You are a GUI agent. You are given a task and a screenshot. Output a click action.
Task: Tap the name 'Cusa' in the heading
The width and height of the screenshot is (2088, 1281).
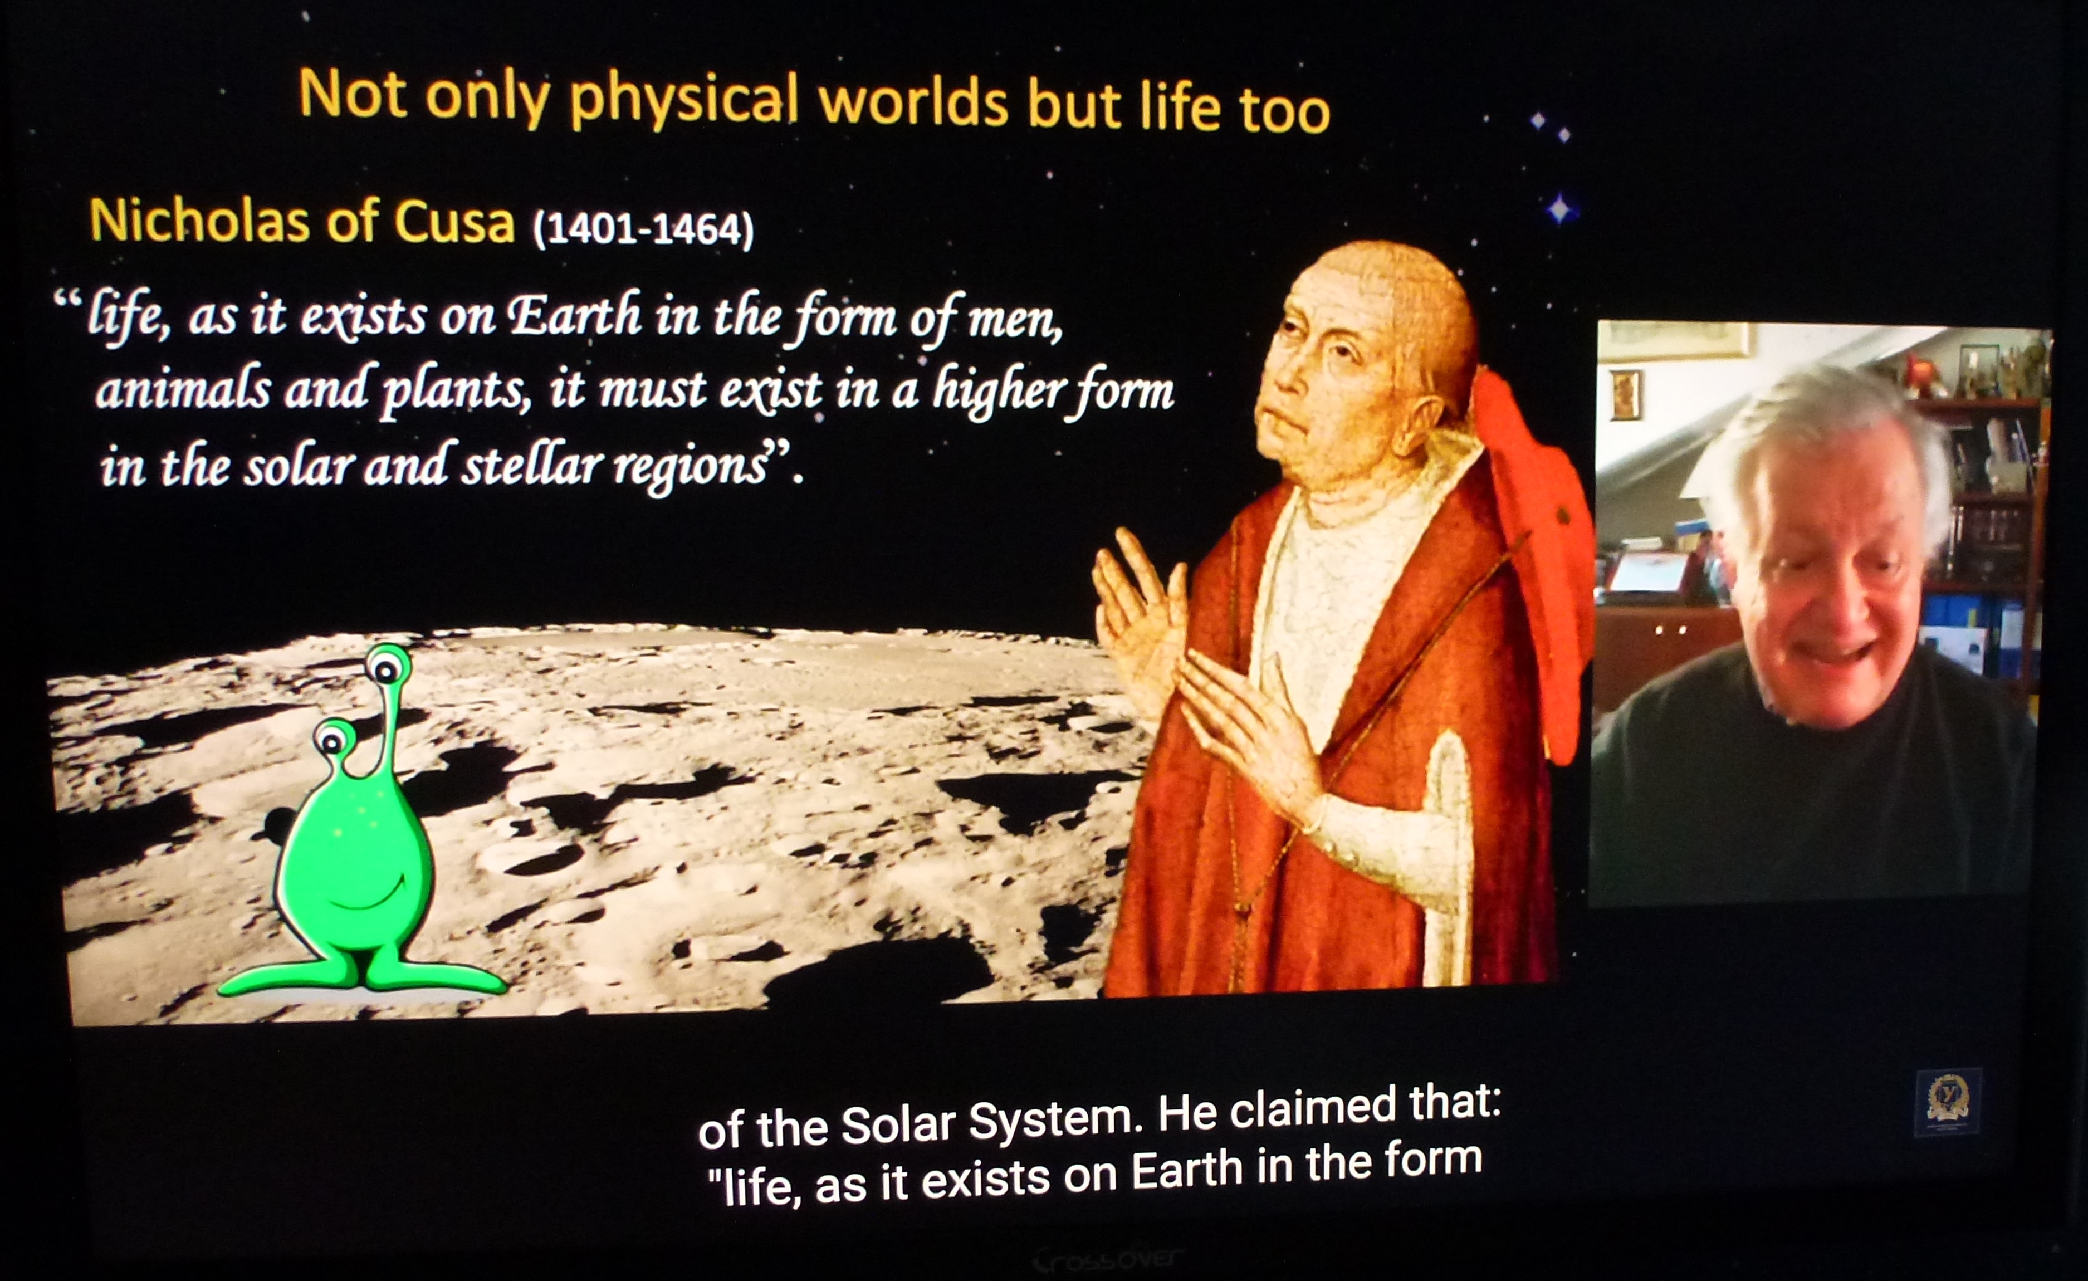click(x=454, y=223)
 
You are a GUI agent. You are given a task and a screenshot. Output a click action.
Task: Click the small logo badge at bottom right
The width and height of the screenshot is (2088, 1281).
click(x=1947, y=1102)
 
